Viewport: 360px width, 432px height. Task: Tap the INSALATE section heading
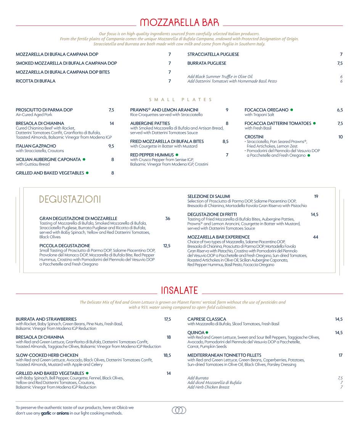(x=179, y=291)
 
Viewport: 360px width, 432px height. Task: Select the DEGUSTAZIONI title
(x=70, y=199)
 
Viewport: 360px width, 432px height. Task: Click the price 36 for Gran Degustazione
(x=167, y=218)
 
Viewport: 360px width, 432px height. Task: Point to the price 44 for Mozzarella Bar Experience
(x=315, y=237)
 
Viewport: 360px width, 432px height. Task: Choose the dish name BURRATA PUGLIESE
(x=207, y=63)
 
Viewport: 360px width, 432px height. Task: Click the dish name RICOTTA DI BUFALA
(x=35, y=81)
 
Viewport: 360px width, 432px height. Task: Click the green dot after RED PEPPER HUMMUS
(x=177, y=155)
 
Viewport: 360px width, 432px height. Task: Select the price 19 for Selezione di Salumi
(x=316, y=196)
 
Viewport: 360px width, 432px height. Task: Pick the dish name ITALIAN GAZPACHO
(x=36, y=146)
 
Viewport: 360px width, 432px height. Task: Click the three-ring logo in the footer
(x=179, y=410)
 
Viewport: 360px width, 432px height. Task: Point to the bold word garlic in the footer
(x=46, y=413)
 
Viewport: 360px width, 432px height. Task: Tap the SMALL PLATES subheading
(x=180, y=100)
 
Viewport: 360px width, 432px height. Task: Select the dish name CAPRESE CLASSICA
(x=207, y=319)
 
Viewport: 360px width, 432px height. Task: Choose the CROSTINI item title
(x=254, y=137)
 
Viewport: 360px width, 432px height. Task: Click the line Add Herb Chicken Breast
(x=208, y=387)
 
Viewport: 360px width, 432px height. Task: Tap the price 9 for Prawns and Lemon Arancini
(x=227, y=110)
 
